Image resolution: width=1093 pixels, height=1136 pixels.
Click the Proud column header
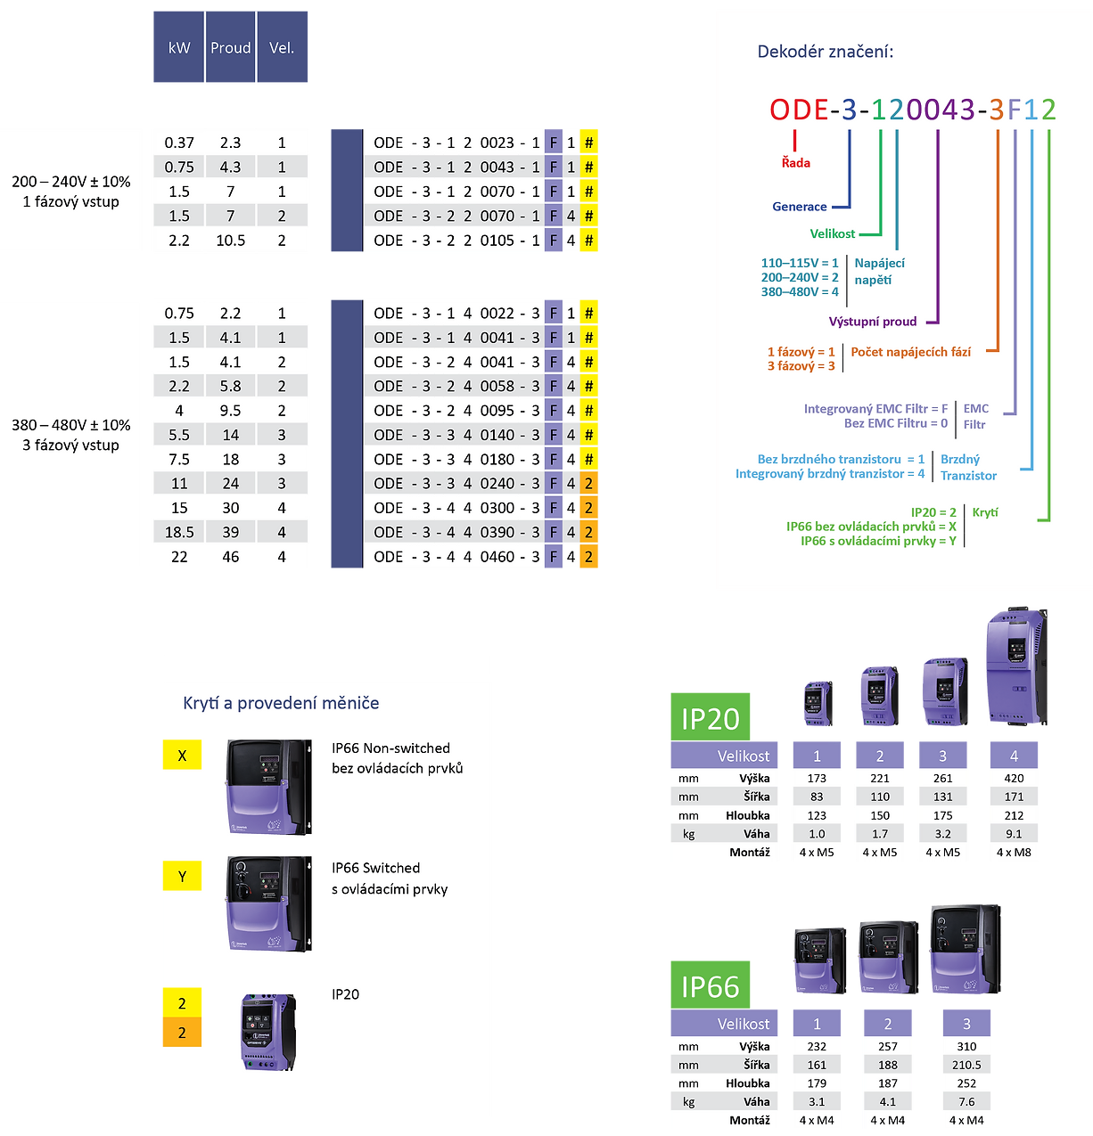click(230, 48)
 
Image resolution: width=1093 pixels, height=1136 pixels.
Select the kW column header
click(179, 48)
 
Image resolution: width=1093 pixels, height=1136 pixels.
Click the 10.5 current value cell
click(230, 241)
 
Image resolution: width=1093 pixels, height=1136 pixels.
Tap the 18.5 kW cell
click(179, 532)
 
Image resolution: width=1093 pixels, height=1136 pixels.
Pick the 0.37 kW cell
click(179, 143)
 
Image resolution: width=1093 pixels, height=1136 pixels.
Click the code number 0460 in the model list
click(497, 557)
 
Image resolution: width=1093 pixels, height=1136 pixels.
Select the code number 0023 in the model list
click(497, 143)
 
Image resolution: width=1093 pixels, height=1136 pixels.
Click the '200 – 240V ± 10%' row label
click(71, 182)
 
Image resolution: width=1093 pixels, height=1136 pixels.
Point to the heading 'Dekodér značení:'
click(825, 52)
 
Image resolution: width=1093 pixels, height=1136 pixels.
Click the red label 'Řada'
click(796, 163)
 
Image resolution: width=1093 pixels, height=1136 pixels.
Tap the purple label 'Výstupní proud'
click(872, 322)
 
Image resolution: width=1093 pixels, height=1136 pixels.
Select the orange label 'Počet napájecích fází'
click(910, 352)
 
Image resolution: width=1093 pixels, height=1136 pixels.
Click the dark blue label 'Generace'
click(799, 207)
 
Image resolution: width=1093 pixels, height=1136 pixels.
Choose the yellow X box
click(182, 756)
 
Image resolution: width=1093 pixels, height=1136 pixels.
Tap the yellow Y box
click(182, 877)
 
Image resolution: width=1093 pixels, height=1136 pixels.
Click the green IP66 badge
click(710, 986)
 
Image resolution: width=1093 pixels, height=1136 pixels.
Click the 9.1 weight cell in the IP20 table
click(1014, 834)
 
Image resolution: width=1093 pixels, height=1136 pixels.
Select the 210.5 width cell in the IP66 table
click(966, 1065)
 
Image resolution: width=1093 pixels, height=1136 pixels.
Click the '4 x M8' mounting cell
click(1014, 853)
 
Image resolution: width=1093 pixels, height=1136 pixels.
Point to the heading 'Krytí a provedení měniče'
click(281, 703)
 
